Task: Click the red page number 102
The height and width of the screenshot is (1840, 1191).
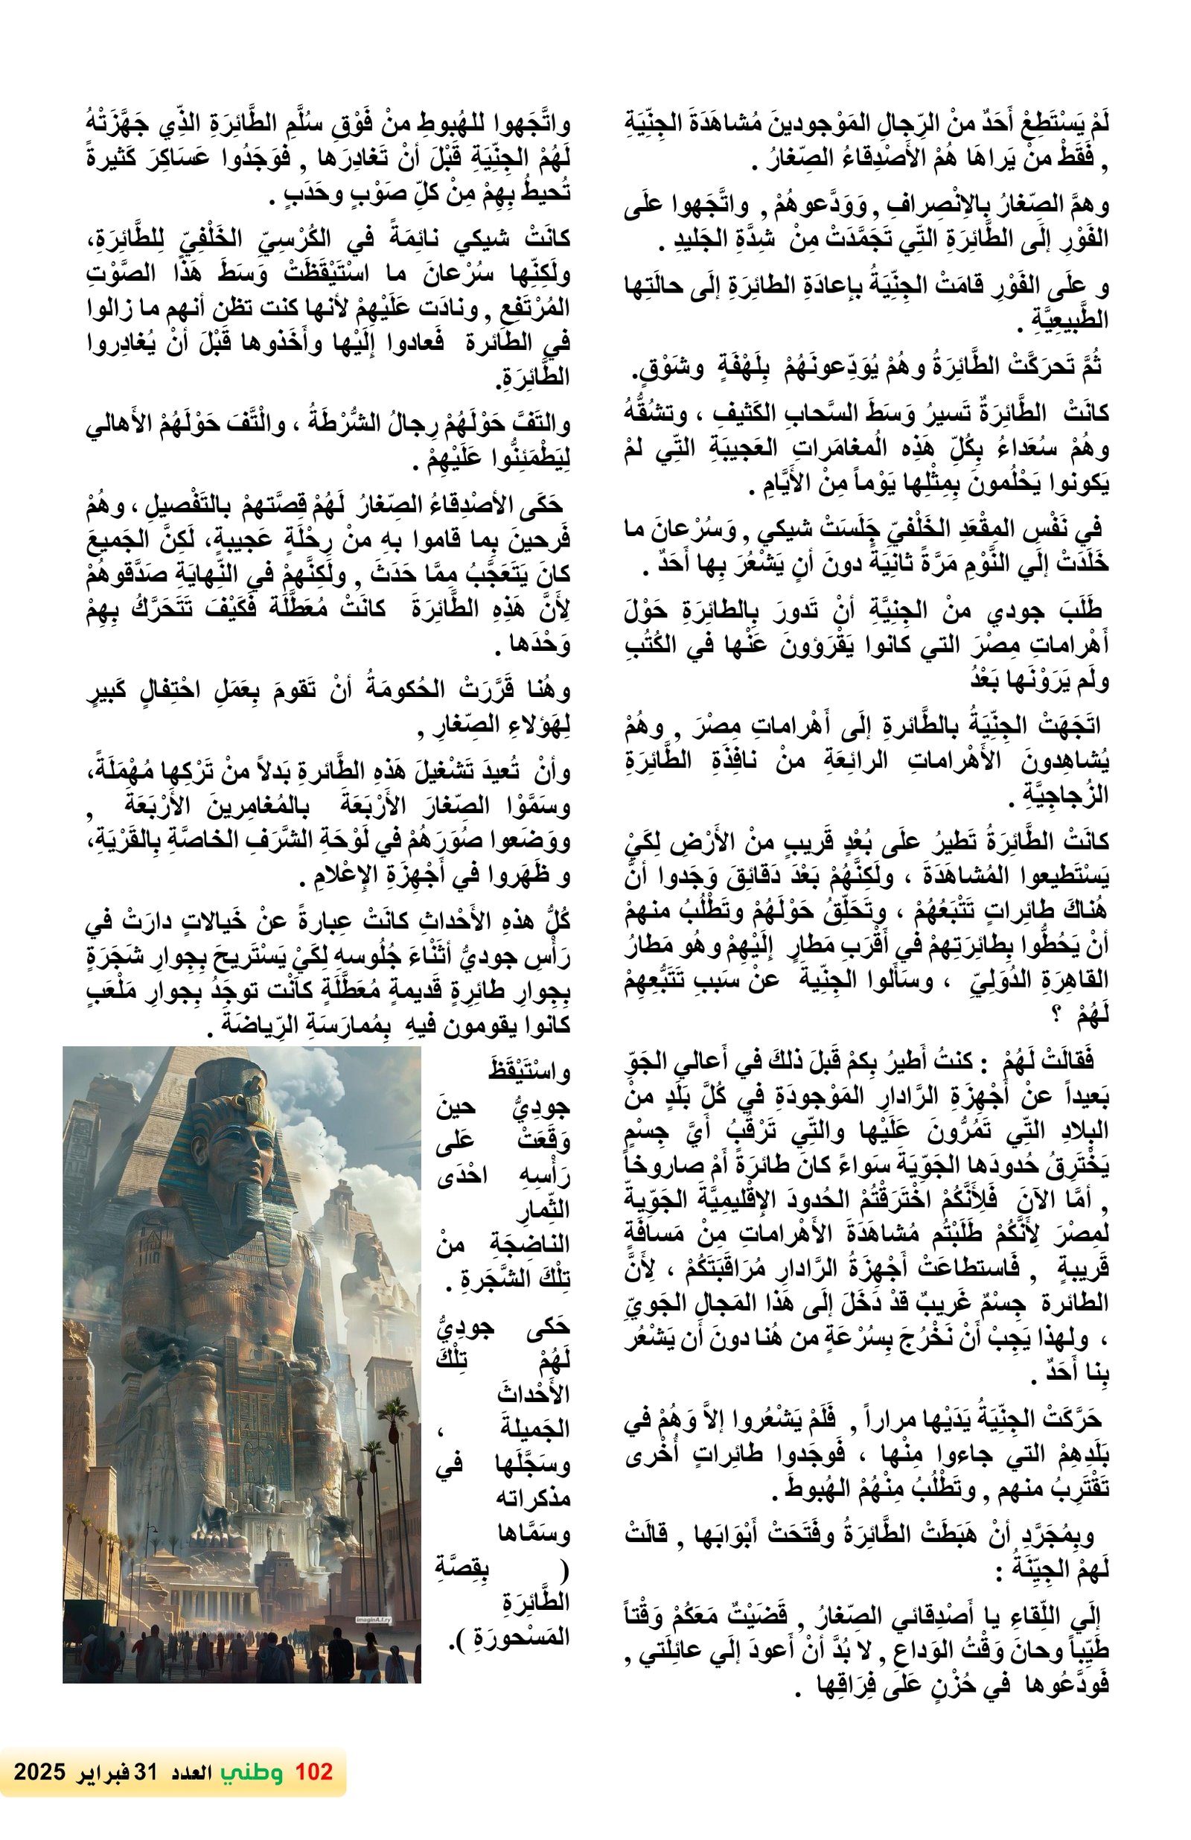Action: pos(313,1771)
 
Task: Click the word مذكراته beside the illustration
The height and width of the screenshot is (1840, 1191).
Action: pos(532,1498)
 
